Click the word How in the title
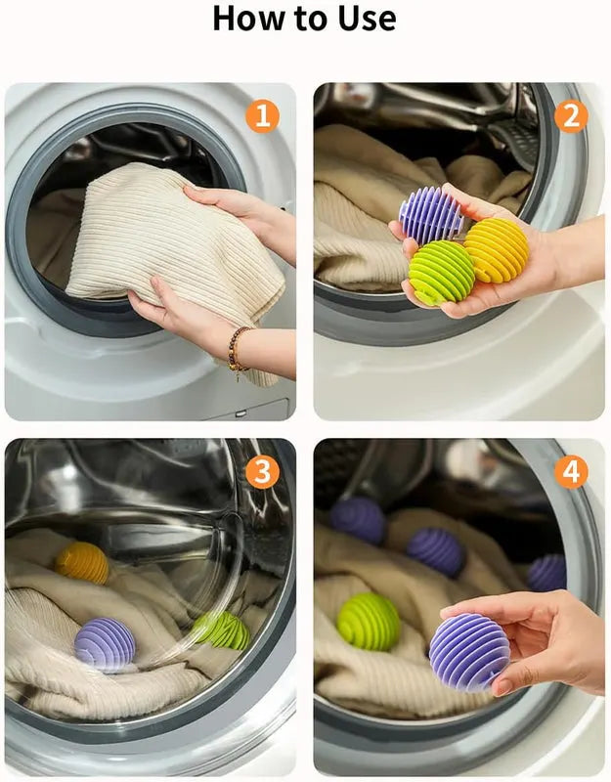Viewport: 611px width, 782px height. click(248, 18)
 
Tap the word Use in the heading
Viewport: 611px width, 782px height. click(361, 18)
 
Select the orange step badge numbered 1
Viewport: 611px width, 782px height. click(261, 116)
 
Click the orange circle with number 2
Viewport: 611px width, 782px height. click(571, 116)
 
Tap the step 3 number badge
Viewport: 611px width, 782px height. click(261, 472)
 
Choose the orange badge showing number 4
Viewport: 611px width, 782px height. click(571, 472)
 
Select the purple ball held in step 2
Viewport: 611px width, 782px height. click(430, 215)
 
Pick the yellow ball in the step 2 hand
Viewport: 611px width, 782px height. click(496, 250)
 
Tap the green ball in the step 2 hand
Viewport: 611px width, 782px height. click(441, 273)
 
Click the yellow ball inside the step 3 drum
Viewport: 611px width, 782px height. click(82, 563)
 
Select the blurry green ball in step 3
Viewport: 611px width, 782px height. click(221, 630)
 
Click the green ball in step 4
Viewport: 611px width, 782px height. click(369, 621)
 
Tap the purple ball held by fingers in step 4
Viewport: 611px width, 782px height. click(469, 652)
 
